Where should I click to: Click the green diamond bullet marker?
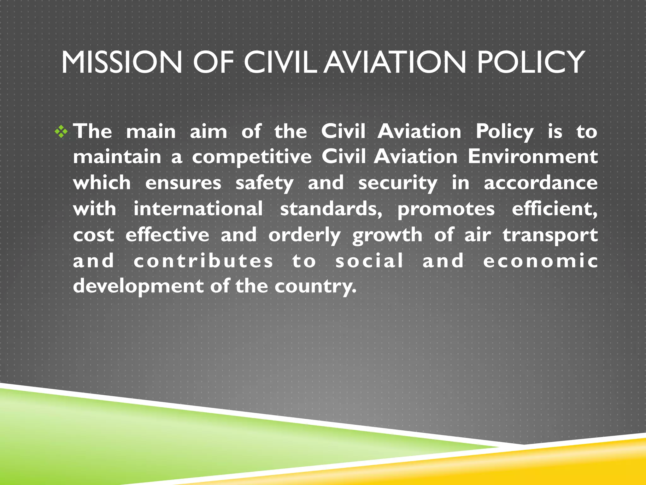pyautogui.click(x=61, y=132)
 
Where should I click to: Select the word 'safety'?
pyautogui.click(x=264, y=183)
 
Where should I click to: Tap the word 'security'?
pyautogui.click(x=397, y=183)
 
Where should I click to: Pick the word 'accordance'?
pyautogui.click(x=540, y=183)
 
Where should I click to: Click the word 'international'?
pyautogui.click(x=198, y=208)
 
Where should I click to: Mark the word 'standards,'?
pyautogui.click(x=331, y=209)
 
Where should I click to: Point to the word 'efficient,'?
pyautogui.click(x=554, y=209)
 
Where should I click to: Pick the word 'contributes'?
pyautogui.click(x=203, y=261)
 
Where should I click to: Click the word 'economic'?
pyautogui.click(x=540, y=261)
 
